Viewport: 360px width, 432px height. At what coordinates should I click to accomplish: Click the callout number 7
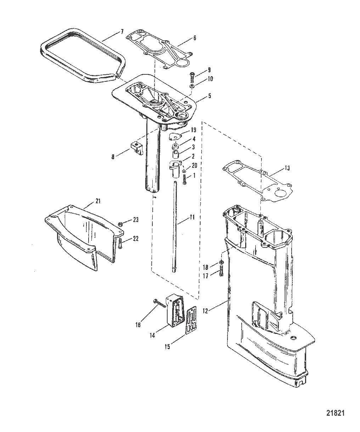tap(122, 32)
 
